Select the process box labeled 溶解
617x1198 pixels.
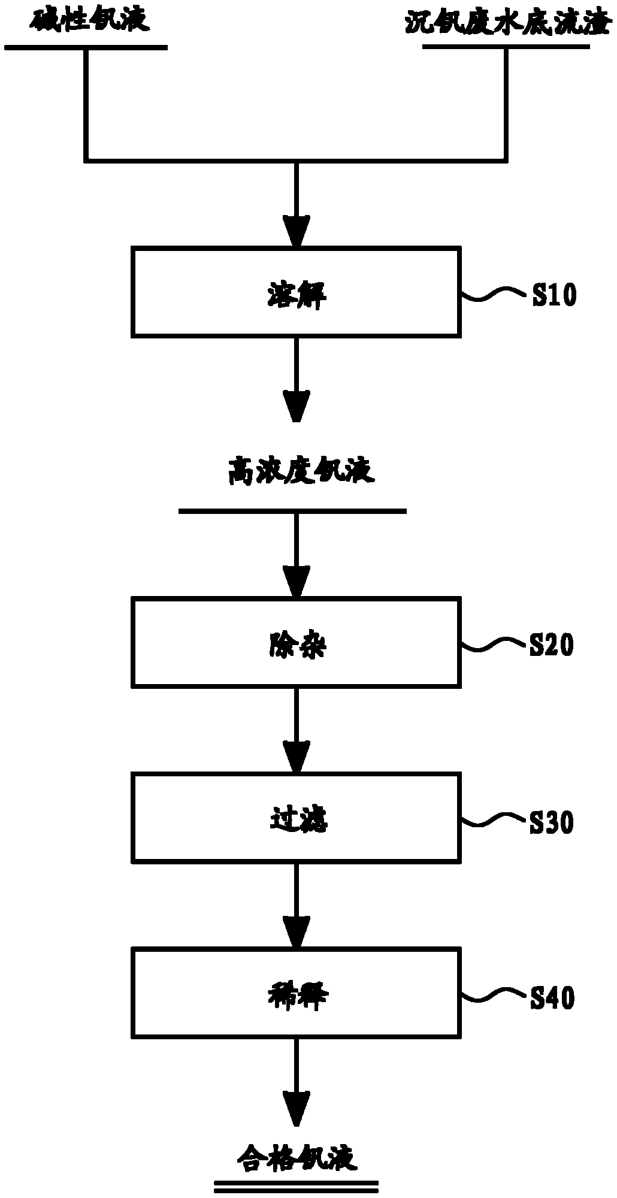(297, 292)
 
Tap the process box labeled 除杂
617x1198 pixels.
(297, 642)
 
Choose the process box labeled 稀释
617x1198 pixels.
(297, 993)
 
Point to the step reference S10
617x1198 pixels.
(554, 295)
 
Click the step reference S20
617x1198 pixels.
(552, 645)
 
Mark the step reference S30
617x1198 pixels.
(552, 822)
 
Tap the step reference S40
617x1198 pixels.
(553, 997)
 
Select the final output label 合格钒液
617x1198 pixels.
(297, 1157)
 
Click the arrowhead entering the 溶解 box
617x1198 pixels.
(297, 231)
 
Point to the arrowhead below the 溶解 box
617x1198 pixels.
(297, 406)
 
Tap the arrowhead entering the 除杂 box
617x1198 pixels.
(297, 581)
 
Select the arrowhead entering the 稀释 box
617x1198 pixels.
(297, 932)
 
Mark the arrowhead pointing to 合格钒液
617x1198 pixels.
(297, 1108)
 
